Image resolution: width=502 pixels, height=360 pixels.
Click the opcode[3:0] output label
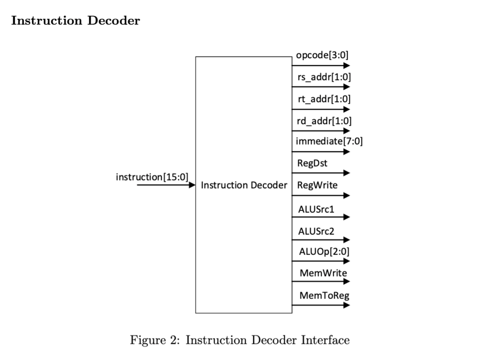click(x=322, y=55)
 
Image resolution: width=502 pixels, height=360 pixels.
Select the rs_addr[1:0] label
click(x=324, y=77)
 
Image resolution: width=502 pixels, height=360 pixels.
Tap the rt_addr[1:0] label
click(x=324, y=99)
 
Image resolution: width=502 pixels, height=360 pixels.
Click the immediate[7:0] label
click(x=329, y=141)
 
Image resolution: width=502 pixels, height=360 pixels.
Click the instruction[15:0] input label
click(x=152, y=176)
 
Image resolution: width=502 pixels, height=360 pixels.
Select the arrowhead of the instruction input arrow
click(x=192, y=185)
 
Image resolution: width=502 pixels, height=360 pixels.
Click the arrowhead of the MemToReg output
click(x=347, y=305)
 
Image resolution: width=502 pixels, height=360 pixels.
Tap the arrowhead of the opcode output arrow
click(x=347, y=66)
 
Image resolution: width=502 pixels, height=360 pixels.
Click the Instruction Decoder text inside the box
click(x=244, y=185)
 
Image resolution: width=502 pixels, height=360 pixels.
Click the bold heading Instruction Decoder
click(x=75, y=21)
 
